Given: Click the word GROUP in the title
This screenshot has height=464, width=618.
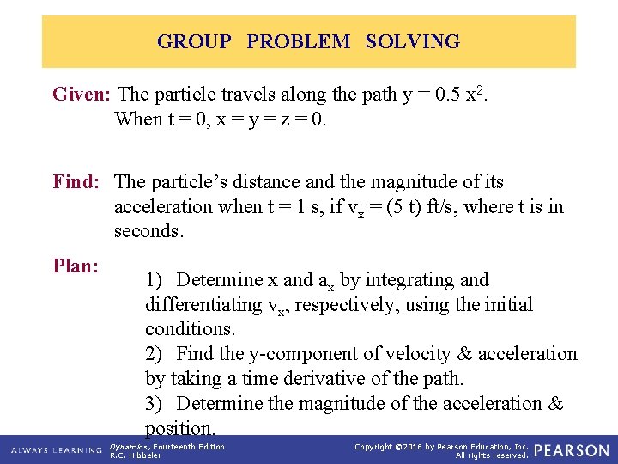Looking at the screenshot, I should (x=194, y=41).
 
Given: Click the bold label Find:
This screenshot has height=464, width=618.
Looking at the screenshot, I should (x=76, y=182).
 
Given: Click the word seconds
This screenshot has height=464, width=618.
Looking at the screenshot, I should (x=147, y=231).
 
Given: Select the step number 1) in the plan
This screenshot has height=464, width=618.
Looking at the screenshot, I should (x=156, y=280).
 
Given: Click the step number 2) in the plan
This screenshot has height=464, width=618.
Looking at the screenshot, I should (x=156, y=354).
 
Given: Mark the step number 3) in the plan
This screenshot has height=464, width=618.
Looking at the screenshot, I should (x=156, y=404).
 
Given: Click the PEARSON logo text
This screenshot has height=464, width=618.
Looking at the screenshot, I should (x=571, y=450).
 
